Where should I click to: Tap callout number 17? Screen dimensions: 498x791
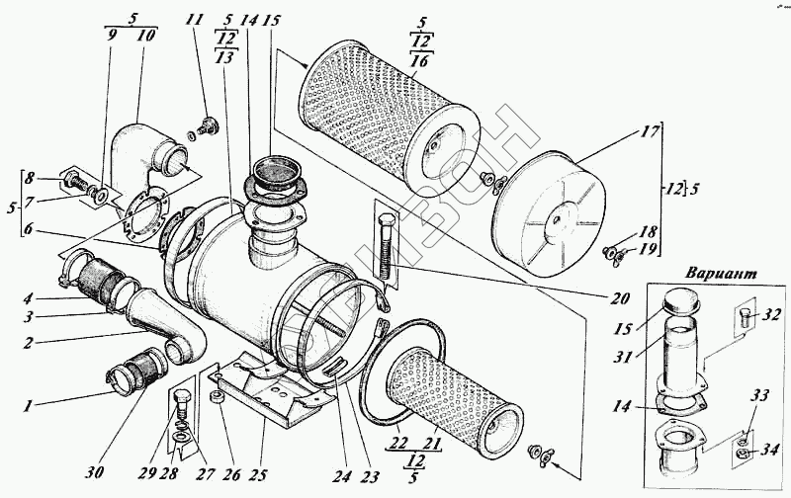[x=648, y=130]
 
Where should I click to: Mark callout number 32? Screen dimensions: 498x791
[x=771, y=317]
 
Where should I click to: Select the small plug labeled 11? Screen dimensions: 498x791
[x=208, y=125]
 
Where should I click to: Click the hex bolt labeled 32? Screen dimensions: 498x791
[x=747, y=318]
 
